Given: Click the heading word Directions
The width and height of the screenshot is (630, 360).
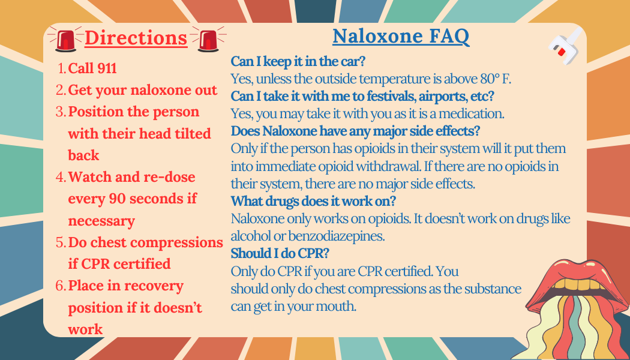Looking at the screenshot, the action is [x=136, y=38].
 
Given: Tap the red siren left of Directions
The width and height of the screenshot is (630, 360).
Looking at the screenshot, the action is [x=65, y=39].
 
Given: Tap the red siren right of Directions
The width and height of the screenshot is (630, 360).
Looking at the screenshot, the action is [x=208, y=39].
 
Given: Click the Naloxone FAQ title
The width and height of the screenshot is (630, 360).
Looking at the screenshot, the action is [x=401, y=37].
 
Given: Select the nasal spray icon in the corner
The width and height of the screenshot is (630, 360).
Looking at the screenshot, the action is [x=566, y=46].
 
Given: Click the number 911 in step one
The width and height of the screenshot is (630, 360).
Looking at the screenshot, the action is [x=107, y=68].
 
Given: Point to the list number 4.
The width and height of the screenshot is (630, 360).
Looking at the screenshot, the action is [x=61, y=177].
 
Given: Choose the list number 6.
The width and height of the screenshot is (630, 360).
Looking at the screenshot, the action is [x=61, y=286].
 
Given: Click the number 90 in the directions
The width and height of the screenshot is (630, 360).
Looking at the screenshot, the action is [x=118, y=199].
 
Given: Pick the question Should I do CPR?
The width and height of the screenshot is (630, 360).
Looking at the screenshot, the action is [x=280, y=254].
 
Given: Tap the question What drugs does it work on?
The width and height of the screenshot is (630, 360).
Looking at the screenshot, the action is [x=314, y=201].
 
